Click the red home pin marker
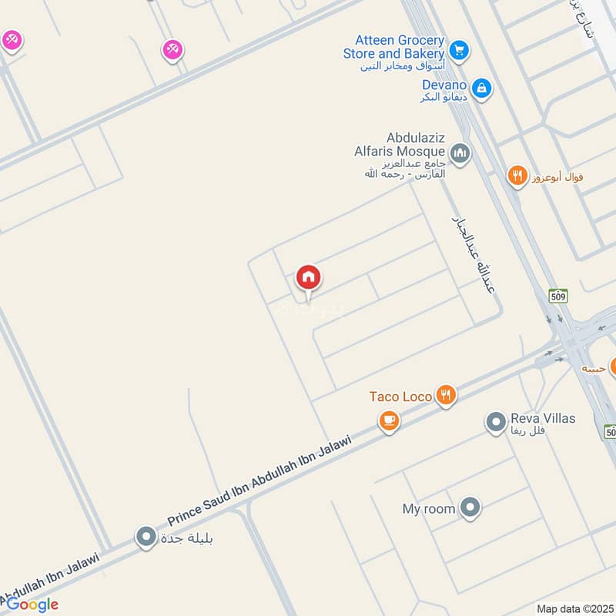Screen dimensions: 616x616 pos(309,278)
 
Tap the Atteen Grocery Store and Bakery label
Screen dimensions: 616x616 pos(393,47)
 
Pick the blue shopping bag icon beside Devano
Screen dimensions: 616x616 pos(481,89)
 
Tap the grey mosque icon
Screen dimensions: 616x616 pos(460,154)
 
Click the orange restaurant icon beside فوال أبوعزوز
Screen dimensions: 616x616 pos(517,178)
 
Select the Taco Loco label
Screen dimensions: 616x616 pos(400,397)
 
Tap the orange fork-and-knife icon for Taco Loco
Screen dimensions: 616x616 pos(446,397)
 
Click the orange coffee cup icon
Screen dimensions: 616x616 pos(389,421)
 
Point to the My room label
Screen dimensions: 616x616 pos(428,509)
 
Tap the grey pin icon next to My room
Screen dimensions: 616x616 pos(470,507)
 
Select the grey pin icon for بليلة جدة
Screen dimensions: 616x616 pos(146,537)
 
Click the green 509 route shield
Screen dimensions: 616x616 pos(558,295)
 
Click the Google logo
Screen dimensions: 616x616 pos(32,604)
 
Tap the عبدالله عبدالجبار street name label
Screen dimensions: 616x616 pos(477,255)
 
